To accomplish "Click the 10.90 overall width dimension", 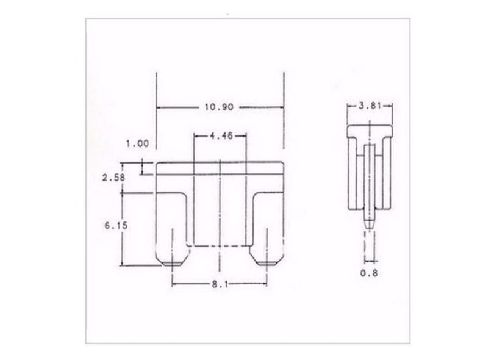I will (220, 107).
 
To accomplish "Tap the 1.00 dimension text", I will (137, 144).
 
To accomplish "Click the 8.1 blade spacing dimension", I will (220, 284).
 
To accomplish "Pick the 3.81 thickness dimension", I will (370, 106).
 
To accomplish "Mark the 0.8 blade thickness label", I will (369, 273).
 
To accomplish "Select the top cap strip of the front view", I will (220, 169).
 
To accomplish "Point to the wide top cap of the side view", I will (369, 132).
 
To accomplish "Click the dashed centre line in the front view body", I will (220, 214).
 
